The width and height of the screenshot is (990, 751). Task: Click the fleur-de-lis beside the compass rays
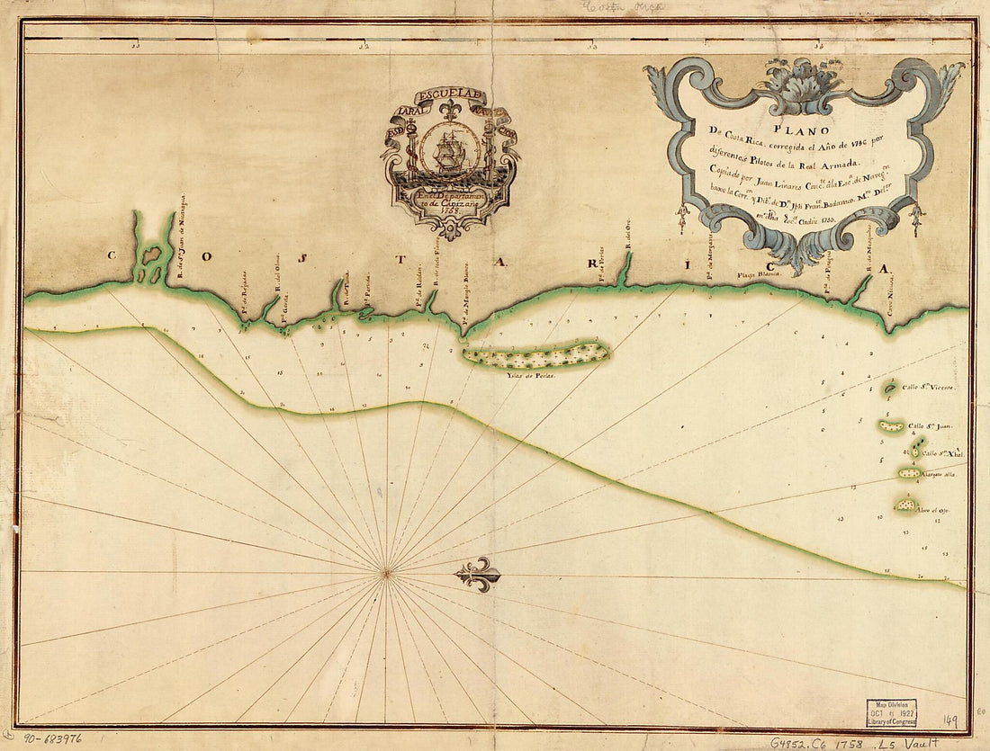click(478, 574)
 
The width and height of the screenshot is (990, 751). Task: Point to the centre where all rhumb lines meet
click(386, 571)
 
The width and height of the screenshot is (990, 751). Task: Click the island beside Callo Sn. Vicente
click(889, 388)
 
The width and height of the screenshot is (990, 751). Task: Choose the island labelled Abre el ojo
click(905, 505)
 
